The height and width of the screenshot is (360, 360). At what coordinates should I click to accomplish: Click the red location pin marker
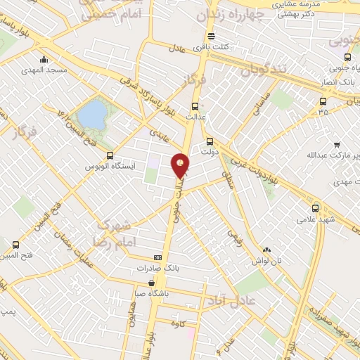point(181,165)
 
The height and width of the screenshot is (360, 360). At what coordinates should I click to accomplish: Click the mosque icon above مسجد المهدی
point(44,59)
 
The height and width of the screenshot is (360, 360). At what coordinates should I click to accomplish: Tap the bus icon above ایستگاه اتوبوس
point(109,155)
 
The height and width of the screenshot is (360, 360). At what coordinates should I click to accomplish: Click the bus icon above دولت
point(209,141)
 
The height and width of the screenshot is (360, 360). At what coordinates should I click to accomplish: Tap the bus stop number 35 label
point(323,112)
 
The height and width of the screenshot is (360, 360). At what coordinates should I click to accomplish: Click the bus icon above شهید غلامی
point(314,208)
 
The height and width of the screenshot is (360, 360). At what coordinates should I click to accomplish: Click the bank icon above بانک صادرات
point(157,258)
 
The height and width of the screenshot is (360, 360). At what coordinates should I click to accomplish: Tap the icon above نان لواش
point(266,250)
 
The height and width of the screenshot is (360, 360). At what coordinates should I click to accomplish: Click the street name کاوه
point(179,323)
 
